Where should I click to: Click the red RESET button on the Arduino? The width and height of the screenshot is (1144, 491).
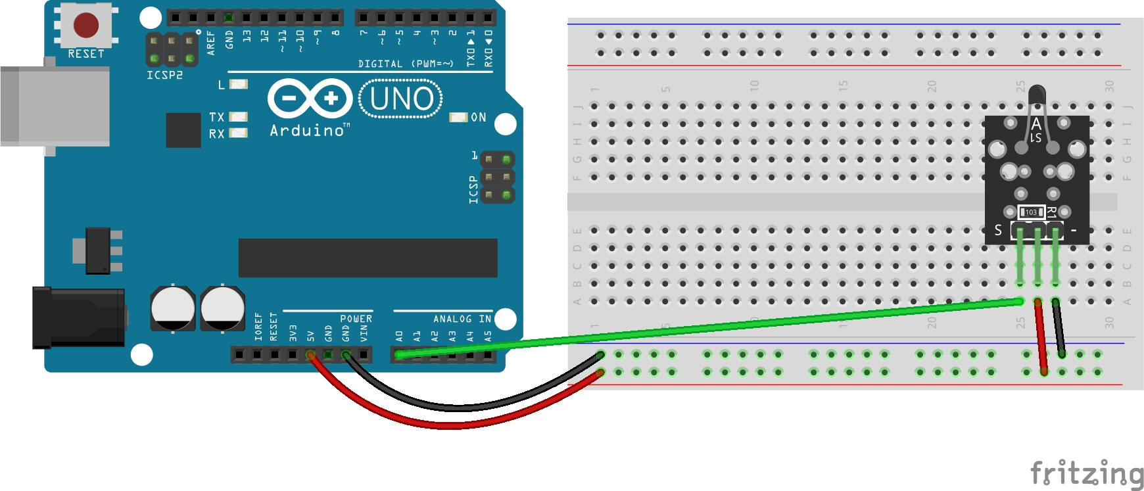coord(85,26)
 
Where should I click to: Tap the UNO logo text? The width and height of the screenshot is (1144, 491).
coord(401,99)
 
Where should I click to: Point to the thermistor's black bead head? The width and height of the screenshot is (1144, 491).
coord(1036,94)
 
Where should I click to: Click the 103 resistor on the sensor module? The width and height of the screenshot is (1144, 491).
coord(1031,212)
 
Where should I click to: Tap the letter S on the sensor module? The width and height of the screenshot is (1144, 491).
coord(998,230)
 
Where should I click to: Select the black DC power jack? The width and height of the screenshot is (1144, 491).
coord(79,317)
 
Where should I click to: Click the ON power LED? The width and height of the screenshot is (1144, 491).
coord(458,117)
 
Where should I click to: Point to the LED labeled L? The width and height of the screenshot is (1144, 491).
coord(239,84)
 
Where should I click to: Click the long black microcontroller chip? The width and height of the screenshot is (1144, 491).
coord(368,258)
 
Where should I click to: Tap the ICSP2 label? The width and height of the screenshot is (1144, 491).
coord(164,76)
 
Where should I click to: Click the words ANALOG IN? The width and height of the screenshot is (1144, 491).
coord(462,319)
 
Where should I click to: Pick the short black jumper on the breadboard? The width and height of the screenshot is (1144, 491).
coord(1059,329)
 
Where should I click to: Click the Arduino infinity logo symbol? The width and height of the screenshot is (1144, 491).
coord(310,99)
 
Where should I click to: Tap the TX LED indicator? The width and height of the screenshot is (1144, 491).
coord(238,117)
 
